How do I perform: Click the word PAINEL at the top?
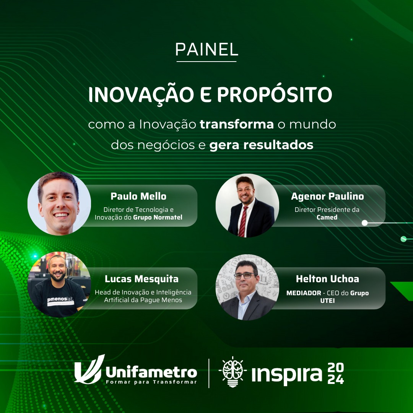(206, 49)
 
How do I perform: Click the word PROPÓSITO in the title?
(275, 95)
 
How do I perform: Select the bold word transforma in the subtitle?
(237, 124)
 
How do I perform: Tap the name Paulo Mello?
(138, 196)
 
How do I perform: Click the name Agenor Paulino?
(327, 196)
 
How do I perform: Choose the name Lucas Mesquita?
(142, 279)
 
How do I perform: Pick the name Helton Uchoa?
(327, 279)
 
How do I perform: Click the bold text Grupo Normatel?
(158, 217)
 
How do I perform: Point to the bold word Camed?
(327, 217)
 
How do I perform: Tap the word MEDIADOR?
(304, 293)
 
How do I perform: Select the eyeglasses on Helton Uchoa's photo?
(244, 276)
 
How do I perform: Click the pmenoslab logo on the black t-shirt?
(61, 301)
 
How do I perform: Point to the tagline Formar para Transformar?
(151, 382)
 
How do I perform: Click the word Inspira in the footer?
(287, 374)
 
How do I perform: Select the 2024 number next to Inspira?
(336, 373)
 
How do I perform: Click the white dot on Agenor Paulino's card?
(364, 223)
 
